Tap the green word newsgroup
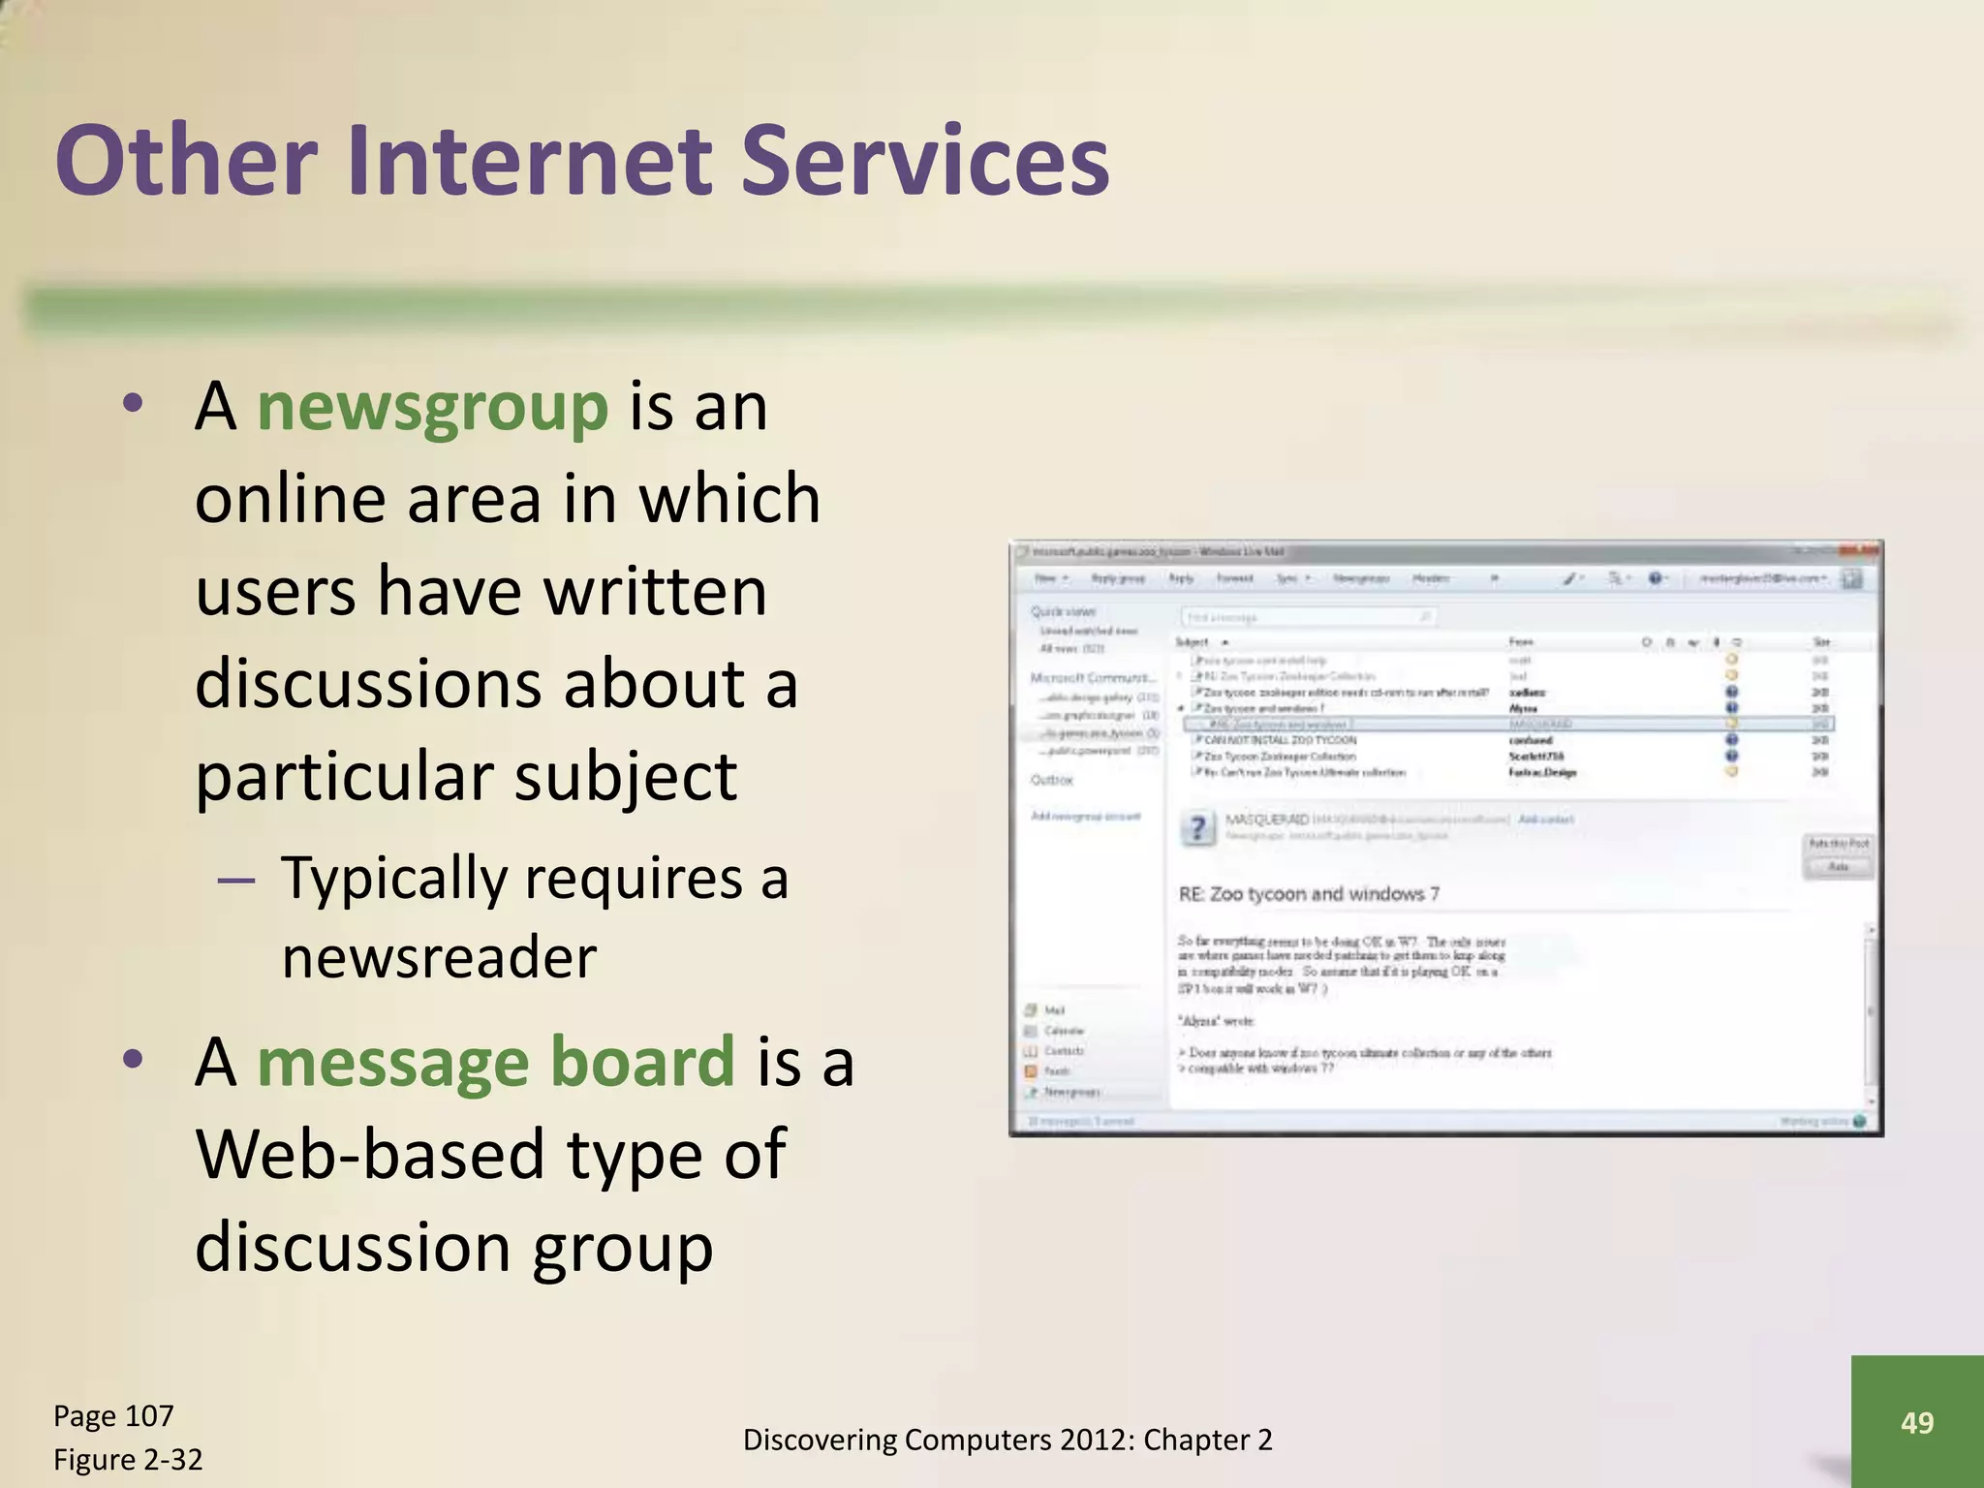[432, 407]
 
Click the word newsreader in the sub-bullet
[439, 958]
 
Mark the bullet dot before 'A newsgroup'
[134, 402]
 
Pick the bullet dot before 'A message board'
[134, 1057]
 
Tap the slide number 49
[1917, 1422]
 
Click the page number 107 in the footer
[149, 1416]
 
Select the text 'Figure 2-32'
[128, 1459]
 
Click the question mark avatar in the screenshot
[1198, 827]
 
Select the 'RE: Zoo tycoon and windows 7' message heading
[1309, 894]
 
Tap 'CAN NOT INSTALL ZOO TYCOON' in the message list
[1280, 740]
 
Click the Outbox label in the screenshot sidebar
[1052, 780]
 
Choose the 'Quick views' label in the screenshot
[1063, 611]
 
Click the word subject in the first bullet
[626, 777]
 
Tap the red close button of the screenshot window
[1870, 551]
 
